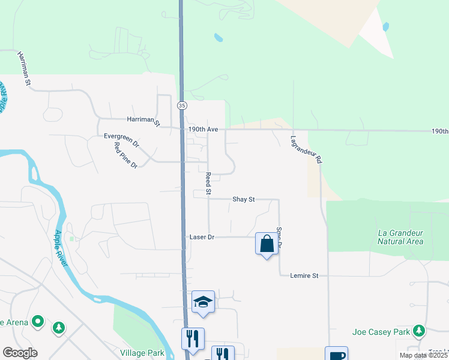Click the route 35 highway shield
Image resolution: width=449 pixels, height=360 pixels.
coord(181,105)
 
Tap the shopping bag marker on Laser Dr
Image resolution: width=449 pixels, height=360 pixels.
coord(267,244)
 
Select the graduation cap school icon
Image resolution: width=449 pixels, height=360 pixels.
coord(203,302)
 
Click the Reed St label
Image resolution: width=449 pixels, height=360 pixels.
coord(208,184)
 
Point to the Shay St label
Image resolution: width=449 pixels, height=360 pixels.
coord(244,199)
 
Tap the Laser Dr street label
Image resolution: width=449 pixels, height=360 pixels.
coord(202,238)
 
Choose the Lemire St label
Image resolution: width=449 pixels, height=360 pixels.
coord(304,275)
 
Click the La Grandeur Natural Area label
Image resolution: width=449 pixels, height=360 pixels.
coord(401,237)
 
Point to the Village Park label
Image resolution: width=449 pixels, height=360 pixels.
coord(142,353)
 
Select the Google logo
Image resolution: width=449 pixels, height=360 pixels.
coord(20,353)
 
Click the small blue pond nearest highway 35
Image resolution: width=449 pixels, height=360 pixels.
coord(218,38)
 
